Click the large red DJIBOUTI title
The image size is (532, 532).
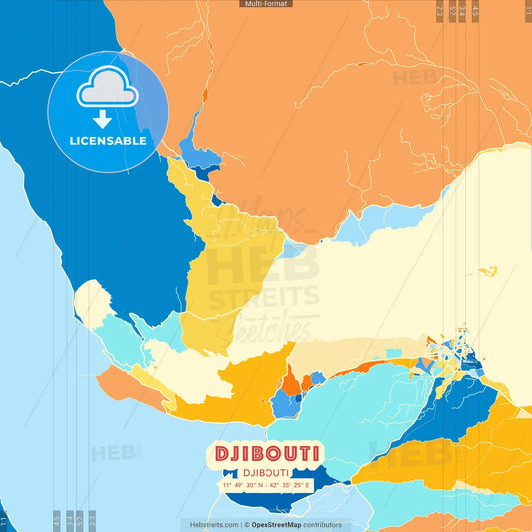266,454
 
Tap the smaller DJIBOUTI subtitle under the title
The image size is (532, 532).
266,473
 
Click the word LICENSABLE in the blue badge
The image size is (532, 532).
108,141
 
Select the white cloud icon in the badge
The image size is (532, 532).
108,90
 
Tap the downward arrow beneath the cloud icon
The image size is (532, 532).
108,119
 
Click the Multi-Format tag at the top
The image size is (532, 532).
266,4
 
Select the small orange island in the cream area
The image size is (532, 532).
487,271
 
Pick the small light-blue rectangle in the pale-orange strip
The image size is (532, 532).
395,353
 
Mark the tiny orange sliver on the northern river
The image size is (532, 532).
204,96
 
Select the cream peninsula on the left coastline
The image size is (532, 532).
93,302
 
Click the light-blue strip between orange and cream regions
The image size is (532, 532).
364,228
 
